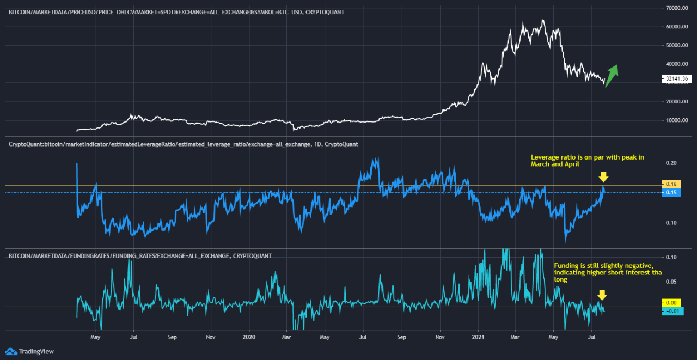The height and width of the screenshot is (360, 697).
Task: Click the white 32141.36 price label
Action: [678, 79]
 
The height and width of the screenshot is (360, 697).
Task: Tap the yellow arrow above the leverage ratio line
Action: [603, 176]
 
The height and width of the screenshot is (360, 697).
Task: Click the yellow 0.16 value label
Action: [670, 184]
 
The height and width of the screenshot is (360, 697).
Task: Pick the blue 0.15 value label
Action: [670, 193]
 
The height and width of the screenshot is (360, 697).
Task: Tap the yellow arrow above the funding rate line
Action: [602, 295]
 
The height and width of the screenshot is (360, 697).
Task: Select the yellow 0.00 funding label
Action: [670, 302]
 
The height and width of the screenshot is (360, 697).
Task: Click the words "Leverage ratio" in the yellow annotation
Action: [550, 157]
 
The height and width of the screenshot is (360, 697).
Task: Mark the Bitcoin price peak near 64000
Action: [542, 20]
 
